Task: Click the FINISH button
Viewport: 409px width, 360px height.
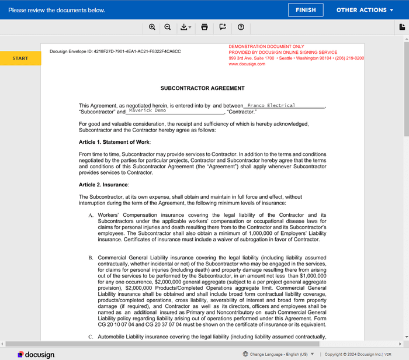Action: pos(306,10)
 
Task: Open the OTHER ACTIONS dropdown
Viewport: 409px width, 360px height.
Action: pos(361,10)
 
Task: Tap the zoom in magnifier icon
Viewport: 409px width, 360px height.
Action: pos(152,27)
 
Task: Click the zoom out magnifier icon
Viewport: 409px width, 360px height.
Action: pos(168,27)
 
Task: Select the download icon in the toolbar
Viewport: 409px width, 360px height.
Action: pos(185,27)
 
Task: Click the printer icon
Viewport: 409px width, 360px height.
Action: pos(204,27)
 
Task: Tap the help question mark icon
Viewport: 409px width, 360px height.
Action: pos(241,27)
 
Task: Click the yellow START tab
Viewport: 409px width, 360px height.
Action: pos(20,58)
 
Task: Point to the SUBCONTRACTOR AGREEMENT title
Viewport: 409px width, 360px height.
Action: pos(202,88)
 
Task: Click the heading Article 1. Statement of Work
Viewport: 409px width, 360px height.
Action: pos(115,142)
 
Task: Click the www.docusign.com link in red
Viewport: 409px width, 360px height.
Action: pos(247,64)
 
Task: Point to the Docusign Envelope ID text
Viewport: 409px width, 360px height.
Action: pos(115,51)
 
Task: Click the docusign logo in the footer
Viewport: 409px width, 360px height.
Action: pos(36,354)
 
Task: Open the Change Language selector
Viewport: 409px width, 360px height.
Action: pos(278,354)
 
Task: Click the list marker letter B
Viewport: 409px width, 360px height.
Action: pos(91,258)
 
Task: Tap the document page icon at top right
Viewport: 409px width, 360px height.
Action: pos(402,27)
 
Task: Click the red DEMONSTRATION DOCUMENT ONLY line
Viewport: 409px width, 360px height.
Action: pos(266,46)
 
